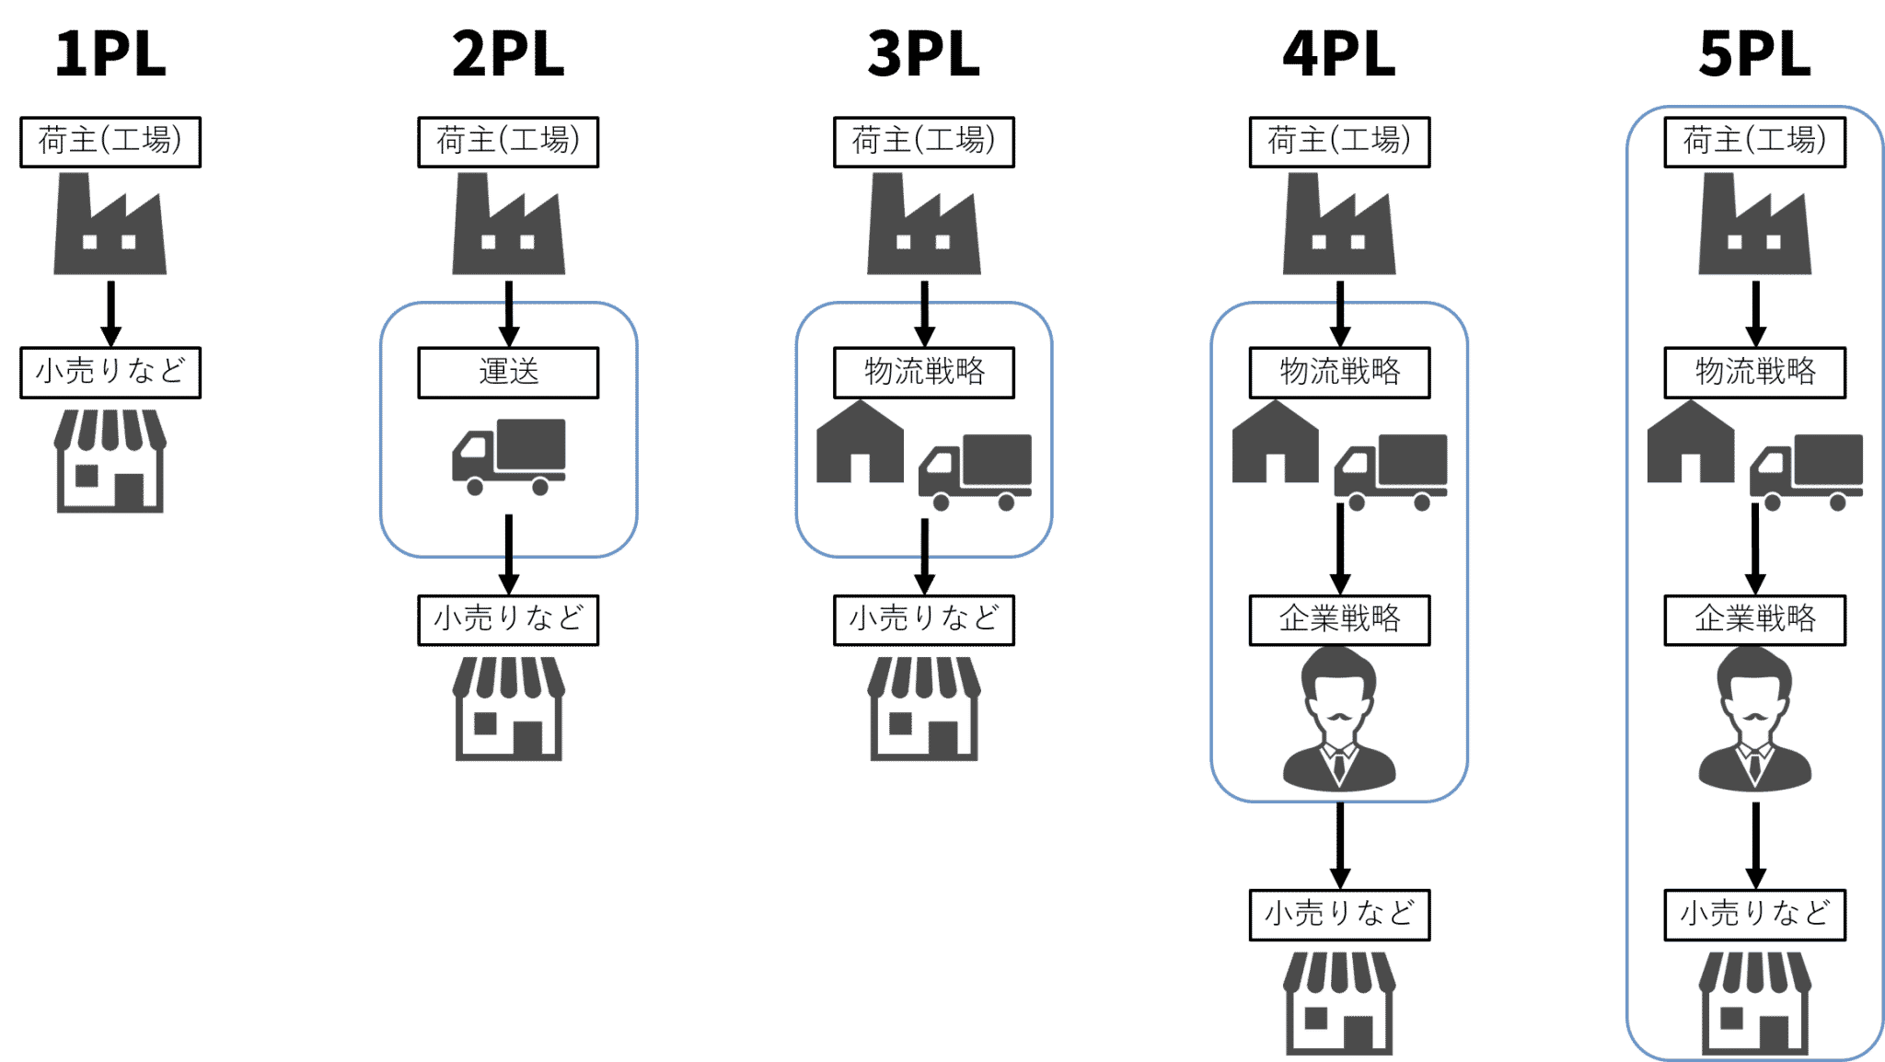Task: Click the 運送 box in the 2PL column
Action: (x=508, y=372)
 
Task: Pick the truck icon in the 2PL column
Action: (x=508, y=456)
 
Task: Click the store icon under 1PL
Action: (x=110, y=461)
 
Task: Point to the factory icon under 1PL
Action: (x=110, y=225)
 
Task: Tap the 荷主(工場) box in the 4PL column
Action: (x=1339, y=141)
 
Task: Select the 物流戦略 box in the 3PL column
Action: (x=923, y=372)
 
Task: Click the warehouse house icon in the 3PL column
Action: (x=860, y=443)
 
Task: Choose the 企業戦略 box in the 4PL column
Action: (x=1339, y=619)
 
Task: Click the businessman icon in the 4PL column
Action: (x=1339, y=720)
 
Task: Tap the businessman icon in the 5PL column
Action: (x=1754, y=720)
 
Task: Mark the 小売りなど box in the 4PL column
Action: (x=1339, y=914)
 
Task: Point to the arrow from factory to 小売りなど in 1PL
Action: (x=110, y=313)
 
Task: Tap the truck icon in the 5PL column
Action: (x=1806, y=471)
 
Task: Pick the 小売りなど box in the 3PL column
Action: (x=923, y=619)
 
